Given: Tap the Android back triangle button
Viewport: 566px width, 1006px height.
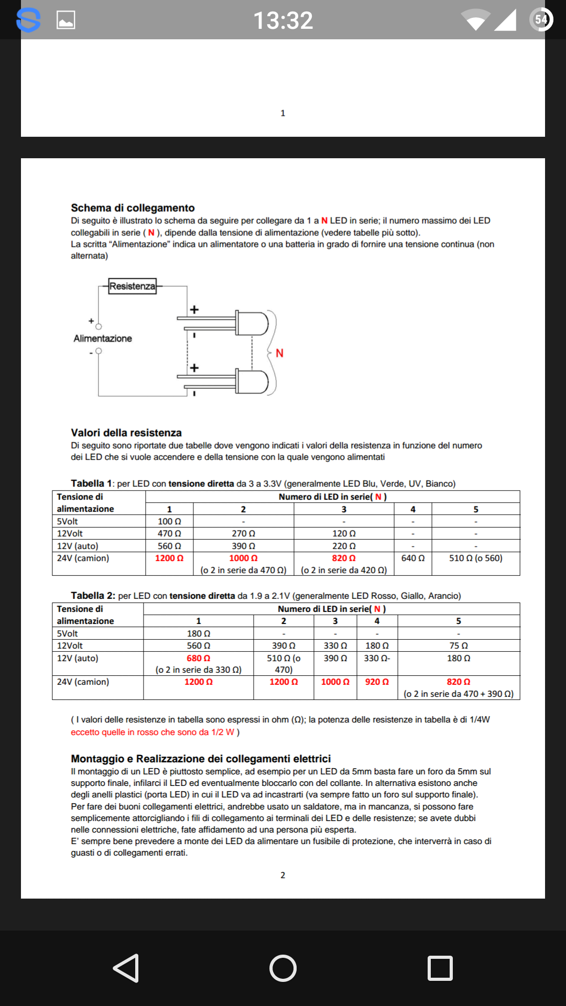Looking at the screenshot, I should [x=126, y=968].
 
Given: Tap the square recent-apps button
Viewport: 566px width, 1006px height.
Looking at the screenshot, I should [x=440, y=968].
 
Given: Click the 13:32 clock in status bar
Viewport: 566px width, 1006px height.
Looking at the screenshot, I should [x=283, y=21].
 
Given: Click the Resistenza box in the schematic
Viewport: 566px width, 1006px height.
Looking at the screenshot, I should [x=133, y=286].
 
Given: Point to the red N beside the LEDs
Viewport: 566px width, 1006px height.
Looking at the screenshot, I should [x=279, y=353].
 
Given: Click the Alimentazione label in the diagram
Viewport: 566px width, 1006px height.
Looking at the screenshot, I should [x=103, y=338].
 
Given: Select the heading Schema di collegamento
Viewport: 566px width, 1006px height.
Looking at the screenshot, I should [x=133, y=208].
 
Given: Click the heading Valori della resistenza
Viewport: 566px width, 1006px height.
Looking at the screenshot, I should [x=126, y=433].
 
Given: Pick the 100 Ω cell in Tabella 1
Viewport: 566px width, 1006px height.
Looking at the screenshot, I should [x=169, y=521].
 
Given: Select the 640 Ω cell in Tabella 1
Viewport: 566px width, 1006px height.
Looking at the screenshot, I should [x=413, y=558].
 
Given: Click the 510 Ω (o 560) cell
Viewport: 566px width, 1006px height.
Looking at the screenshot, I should [x=475, y=558].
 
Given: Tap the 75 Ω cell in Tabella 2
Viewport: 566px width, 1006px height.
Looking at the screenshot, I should [x=459, y=646].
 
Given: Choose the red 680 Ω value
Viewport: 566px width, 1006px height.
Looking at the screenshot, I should [x=198, y=658].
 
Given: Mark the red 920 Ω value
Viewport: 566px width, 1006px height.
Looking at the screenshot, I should [x=377, y=682].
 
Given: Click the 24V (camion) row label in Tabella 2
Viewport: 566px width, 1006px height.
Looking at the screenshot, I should [x=83, y=682].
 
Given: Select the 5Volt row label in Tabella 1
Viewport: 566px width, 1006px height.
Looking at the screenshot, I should [x=67, y=521].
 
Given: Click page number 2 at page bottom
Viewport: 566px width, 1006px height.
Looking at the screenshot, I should [x=283, y=875].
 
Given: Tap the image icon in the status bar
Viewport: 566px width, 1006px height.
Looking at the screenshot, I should [x=66, y=20].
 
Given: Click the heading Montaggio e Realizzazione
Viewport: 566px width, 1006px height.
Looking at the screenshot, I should [x=201, y=759].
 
